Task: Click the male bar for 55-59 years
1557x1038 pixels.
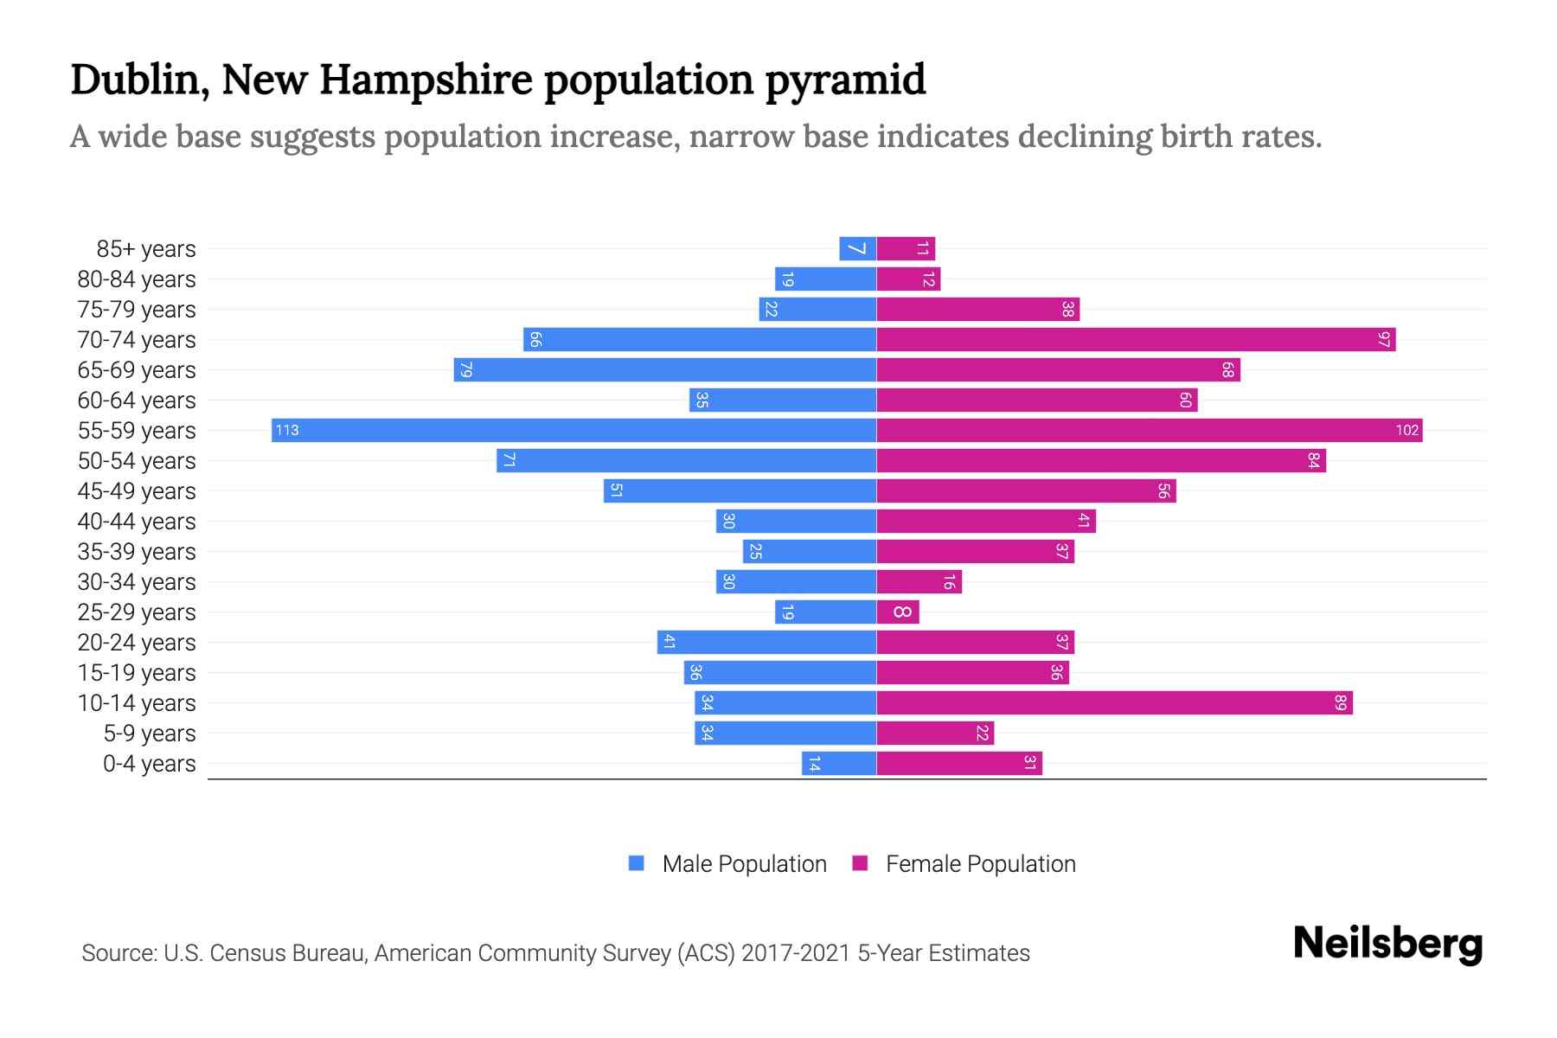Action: [573, 430]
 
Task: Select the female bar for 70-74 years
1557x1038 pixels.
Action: [1136, 339]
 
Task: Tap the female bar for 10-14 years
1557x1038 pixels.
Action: [1114, 702]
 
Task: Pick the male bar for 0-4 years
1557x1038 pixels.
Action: [839, 763]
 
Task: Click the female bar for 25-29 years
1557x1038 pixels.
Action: [898, 612]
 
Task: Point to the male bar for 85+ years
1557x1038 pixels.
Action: [857, 248]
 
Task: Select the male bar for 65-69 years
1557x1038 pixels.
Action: [665, 369]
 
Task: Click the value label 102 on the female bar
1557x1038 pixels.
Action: [1406, 430]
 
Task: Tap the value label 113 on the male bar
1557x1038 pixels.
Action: [287, 430]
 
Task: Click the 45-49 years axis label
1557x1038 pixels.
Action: [137, 490]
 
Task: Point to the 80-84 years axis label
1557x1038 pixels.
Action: [137, 279]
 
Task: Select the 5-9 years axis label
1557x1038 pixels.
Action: [150, 733]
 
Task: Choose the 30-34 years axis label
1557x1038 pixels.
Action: [137, 581]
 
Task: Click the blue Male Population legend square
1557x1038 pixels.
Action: [637, 863]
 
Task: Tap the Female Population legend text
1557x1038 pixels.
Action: [980, 863]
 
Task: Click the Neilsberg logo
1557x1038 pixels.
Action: [1387, 944]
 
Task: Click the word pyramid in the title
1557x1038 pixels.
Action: [845, 80]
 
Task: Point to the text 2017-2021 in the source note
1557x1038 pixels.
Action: [796, 952]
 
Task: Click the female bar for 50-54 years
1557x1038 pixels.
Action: [1101, 460]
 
